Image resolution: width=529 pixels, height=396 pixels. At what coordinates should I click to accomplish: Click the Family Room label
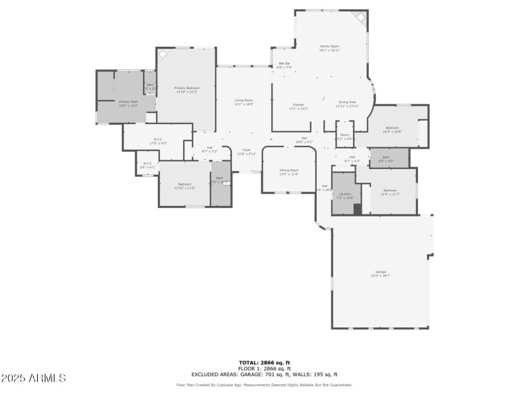coord(329,46)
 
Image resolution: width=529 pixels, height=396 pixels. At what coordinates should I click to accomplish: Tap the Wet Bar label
coord(284,63)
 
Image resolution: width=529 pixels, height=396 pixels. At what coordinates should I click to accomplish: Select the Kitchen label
coord(299,105)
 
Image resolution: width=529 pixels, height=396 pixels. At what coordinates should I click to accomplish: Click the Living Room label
coord(244,100)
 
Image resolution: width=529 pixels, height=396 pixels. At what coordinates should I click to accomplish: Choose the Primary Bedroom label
coord(187,88)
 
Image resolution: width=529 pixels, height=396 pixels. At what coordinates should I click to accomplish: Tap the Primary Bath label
coord(128,102)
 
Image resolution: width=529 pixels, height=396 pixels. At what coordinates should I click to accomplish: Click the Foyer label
coord(246,150)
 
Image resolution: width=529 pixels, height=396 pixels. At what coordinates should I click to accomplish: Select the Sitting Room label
coord(290,170)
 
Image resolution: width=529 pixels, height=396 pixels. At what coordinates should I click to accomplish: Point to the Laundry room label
coord(345,194)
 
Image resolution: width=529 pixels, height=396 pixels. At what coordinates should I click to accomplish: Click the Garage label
coord(380,272)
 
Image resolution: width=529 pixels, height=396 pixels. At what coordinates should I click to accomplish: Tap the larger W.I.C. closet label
coord(159,139)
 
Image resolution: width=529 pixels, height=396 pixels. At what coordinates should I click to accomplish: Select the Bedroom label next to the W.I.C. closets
coord(184,184)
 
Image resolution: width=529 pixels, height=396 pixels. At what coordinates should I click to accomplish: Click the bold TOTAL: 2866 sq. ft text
coord(264,362)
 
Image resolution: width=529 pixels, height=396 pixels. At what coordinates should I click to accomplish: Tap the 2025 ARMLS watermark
coord(33,378)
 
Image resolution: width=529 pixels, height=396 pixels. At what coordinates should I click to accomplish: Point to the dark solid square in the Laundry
coord(358,209)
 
